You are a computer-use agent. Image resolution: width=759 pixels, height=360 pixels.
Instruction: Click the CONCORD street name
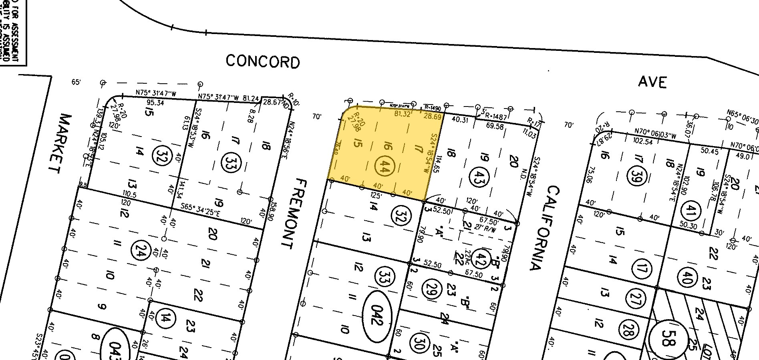(x=262, y=62)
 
